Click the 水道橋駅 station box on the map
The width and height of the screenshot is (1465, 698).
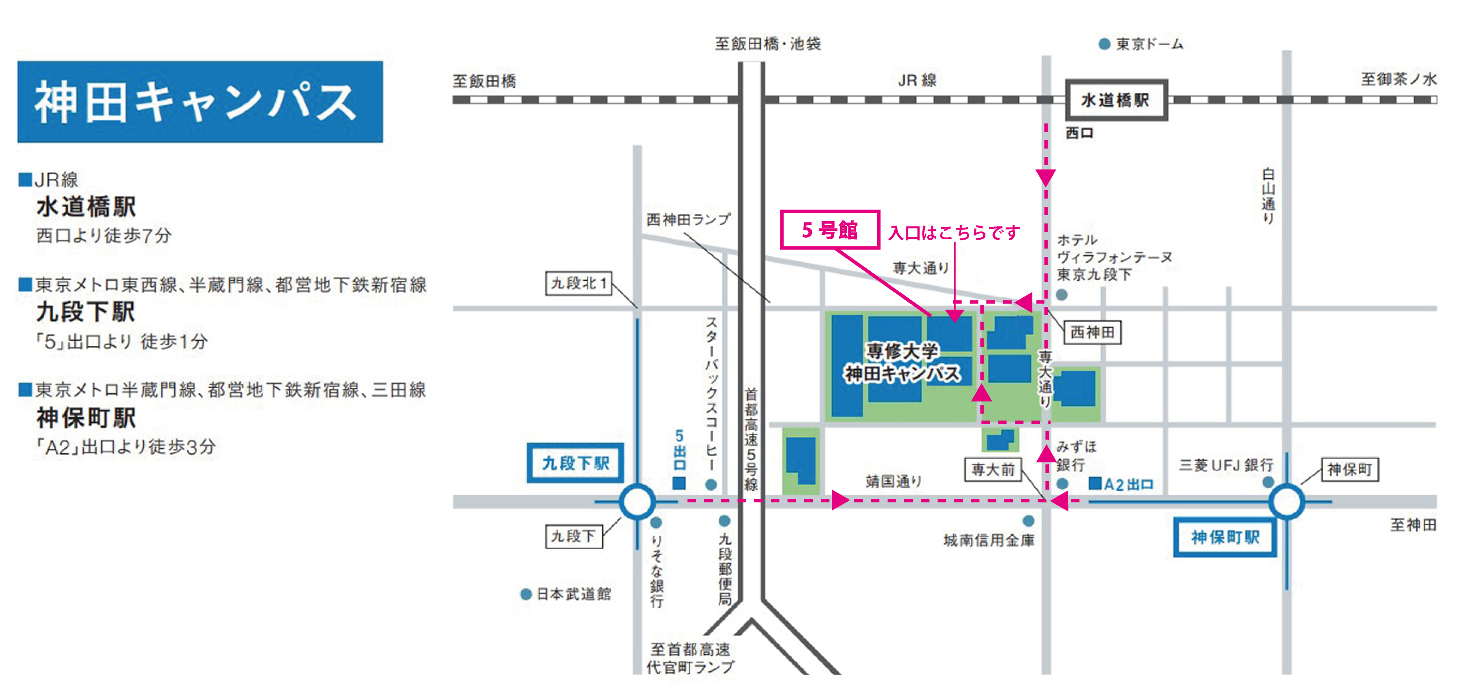(1116, 100)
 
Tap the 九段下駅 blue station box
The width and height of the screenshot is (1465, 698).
(575, 463)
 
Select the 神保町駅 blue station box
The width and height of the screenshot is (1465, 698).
(1225, 537)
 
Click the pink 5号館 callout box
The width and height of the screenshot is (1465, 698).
(830, 230)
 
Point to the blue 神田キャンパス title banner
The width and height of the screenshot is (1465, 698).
(200, 102)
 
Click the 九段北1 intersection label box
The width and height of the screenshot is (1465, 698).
(579, 283)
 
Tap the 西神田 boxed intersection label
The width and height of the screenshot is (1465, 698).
(1092, 332)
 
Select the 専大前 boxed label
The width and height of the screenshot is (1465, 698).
(993, 470)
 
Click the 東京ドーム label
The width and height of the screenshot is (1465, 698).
(1149, 44)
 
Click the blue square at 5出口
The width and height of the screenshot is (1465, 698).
(679, 484)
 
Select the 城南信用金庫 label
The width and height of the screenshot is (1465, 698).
(988, 540)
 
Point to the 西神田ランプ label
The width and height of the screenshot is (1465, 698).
(688, 220)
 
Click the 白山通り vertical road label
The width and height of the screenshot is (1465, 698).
(1268, 196)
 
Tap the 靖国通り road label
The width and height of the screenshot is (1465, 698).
(894, 482)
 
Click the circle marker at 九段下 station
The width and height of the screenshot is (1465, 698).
(637, 501)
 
